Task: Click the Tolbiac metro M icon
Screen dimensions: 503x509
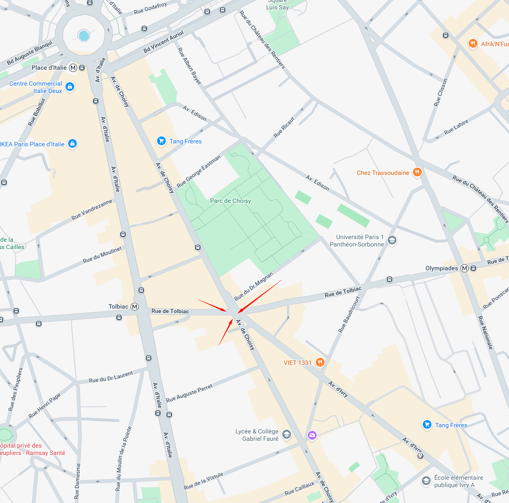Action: (135, 307)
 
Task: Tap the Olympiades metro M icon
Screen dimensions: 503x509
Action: (465, 268)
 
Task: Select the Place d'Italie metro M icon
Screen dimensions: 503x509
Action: (73, 68)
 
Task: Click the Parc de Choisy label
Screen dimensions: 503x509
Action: (230, 201)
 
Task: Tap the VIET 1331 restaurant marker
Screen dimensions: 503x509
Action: (320, 362)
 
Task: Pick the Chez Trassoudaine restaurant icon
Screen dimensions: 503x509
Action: (417, 172)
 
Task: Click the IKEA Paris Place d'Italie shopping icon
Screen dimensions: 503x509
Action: (72, 143)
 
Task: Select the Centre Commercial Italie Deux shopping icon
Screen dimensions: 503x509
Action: (70, 87)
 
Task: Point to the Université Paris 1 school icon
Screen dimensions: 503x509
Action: (392, 240)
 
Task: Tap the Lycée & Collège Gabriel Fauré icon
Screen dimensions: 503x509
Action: (286, 434)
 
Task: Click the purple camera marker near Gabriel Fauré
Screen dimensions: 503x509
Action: (312, 435)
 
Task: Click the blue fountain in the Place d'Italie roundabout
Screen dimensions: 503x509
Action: (84, 35)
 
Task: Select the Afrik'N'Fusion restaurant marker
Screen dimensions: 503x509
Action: (473, 44)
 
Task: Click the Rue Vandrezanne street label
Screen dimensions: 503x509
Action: (92, 210)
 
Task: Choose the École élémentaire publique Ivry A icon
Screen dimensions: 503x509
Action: (426, 481)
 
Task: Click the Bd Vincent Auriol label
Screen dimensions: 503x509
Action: (163, 42)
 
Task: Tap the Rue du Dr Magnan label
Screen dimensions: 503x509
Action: (254, 286)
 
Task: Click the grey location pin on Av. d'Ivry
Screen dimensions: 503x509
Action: (420, 456)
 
